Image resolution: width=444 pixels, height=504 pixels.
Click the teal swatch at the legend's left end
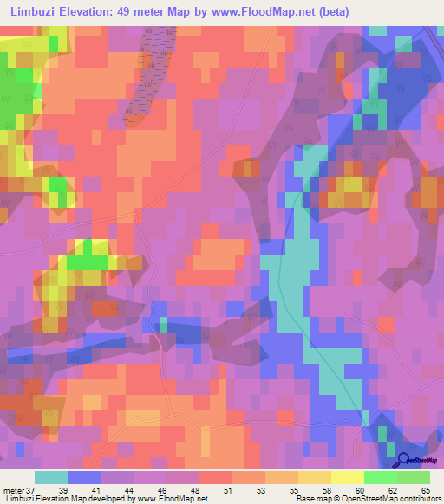pyautogui.click(x=51, y=477)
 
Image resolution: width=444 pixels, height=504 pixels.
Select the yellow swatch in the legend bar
pyautogui.click(x=347, y=477)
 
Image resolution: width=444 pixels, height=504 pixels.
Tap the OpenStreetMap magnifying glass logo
pyautogui.click(x=404, y=462)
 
